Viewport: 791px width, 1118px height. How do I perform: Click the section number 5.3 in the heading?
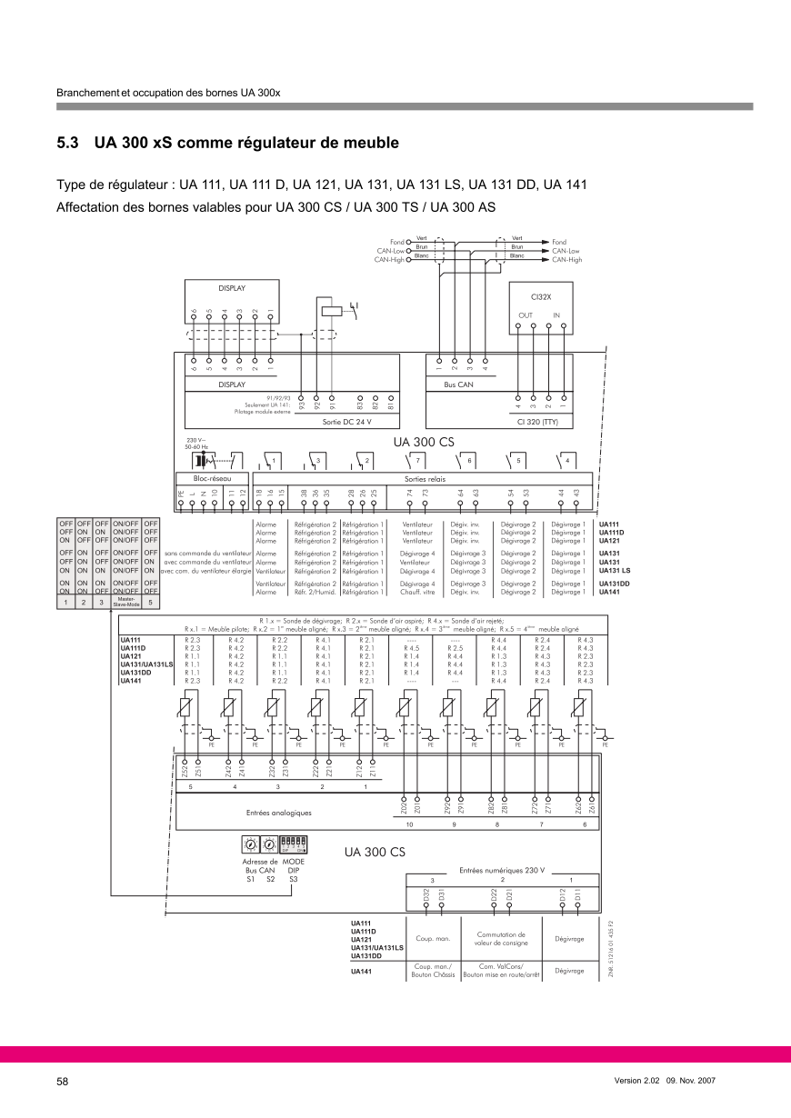(x=68, y=144)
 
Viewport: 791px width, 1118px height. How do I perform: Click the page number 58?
(x=63, y=1082)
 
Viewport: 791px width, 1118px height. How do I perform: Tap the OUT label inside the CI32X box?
(x=526, y=315)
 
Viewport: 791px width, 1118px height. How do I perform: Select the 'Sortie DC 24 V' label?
(x=347, y=422)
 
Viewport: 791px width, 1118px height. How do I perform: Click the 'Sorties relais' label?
(x=424, y=478)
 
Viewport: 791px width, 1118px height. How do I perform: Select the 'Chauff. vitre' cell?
(x=417, y=592)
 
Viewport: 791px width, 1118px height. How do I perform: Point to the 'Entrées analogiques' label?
(x=279, y=813)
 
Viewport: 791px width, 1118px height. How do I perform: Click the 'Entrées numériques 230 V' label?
(x=502, y=870)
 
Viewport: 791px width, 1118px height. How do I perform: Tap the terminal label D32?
(x=426, y=895)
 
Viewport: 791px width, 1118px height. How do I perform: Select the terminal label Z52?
(x=185, y=771)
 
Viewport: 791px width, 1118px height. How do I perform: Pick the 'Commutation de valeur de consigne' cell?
(x=501, y=939)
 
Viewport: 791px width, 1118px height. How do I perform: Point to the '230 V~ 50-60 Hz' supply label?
(x=196, y=443)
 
